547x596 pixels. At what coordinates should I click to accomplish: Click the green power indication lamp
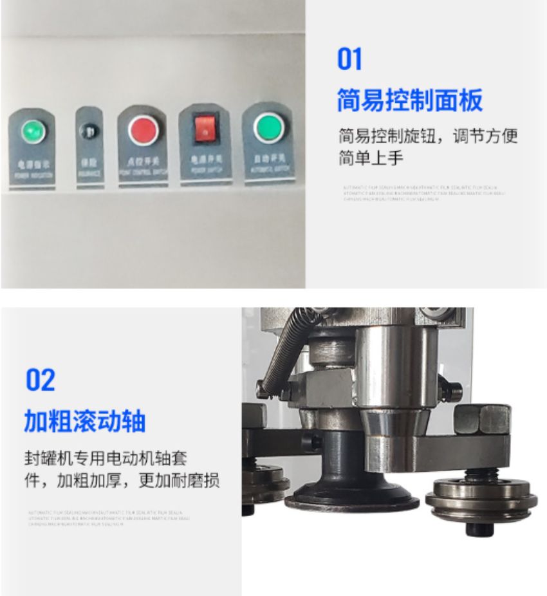[x=32, y=132]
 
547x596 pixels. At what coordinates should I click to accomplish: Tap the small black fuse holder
[x=89, y=132]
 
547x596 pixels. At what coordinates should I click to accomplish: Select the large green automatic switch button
[x=268, y=127]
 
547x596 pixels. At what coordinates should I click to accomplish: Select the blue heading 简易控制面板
[x=409, y=100]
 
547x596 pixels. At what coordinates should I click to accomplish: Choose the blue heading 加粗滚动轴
[x=84, y=422]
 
